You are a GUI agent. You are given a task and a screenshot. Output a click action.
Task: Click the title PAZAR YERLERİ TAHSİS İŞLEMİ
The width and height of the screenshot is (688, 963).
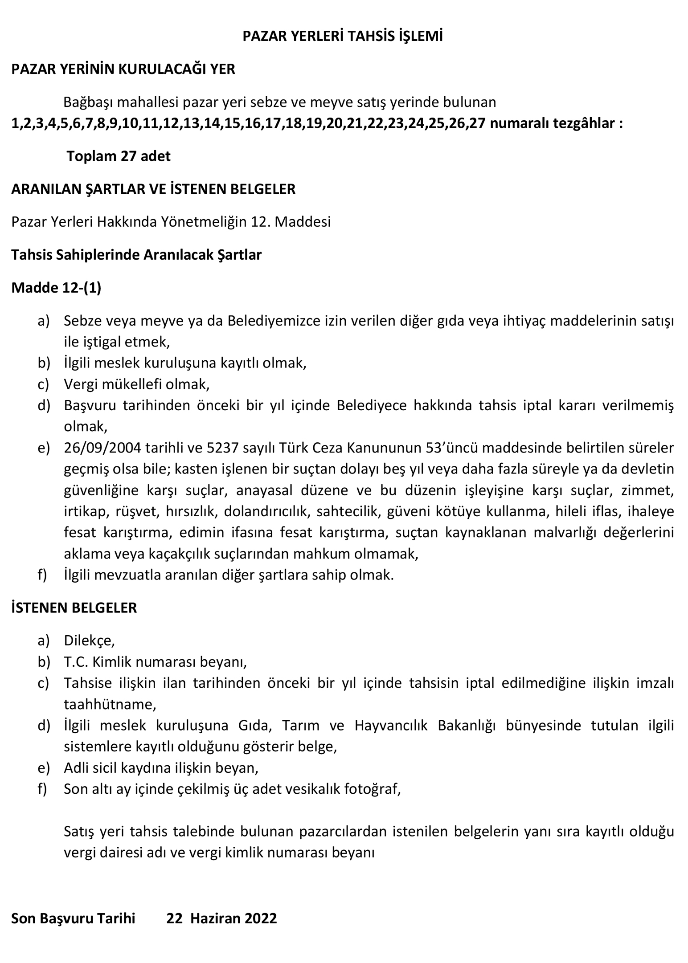pyautogui.click(x=342, y=37)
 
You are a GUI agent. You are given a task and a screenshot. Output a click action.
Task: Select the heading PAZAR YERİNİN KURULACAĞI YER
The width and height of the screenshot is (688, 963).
pyautogui.click(x=123, y=69)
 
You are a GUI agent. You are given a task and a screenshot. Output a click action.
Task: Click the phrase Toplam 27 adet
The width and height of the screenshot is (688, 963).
pyautogui.click(x=119, y=156)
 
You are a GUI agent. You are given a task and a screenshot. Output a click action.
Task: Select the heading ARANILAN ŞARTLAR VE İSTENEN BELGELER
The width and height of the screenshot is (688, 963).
pyautogui.click(x=153, y=189)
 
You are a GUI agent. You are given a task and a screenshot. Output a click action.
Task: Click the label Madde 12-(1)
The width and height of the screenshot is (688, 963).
pyautogui.click(x=56, y=288)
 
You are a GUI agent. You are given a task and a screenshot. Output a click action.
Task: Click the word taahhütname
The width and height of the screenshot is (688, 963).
pyautogui.click(x=110, y=704)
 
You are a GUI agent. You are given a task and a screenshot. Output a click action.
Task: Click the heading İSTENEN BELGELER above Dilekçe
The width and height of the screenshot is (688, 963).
pyautogui.click(x=74, y=608)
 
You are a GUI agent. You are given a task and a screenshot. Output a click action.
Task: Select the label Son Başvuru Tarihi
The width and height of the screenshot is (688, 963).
pyautogui.click(x=73, y=918)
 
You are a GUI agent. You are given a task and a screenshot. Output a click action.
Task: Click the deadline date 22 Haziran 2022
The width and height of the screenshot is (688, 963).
pyautogui.click(x=221, y=918)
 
